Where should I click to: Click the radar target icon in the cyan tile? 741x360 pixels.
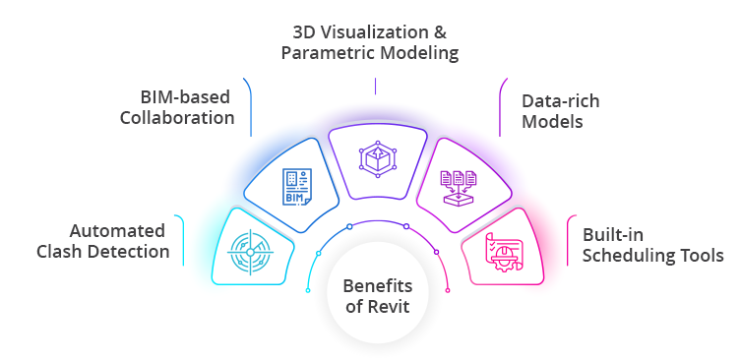[250, 251]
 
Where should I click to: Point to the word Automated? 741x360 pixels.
[117, 231]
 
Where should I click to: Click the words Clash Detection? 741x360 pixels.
[103, 252]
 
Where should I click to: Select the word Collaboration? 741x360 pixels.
[177, 118]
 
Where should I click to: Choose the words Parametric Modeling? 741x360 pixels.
[370, 52]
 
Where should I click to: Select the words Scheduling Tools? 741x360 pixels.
[652, 257]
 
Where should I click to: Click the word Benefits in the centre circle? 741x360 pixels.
[377, 286]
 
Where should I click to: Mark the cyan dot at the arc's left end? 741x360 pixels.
[317, 255]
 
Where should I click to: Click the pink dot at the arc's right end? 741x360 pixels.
[449, 289]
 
